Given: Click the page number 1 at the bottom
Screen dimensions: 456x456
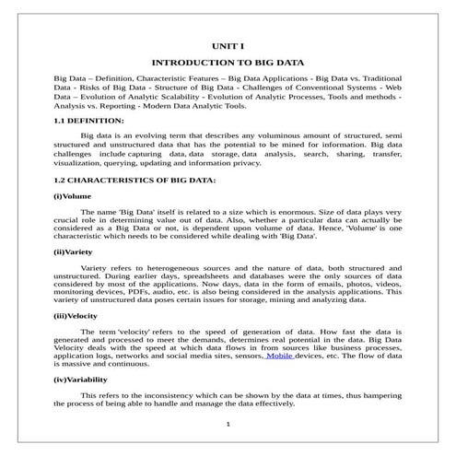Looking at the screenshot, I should tap(228, 424).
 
